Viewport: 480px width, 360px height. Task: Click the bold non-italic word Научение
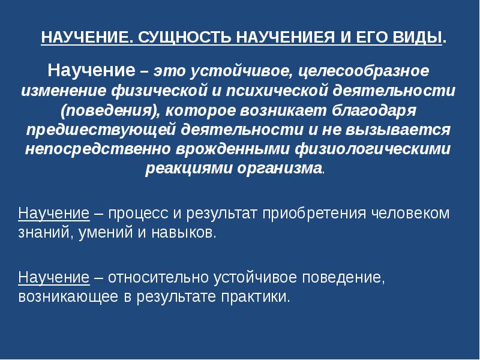(91, 70)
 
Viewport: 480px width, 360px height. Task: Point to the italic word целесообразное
(364, 71)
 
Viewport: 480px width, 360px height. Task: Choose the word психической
(277, 91)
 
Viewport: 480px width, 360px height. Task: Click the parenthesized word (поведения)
(110, 111)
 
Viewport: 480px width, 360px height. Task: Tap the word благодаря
(374, 111)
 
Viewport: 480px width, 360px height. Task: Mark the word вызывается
(398, 130)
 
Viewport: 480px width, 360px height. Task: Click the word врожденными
(233, 149)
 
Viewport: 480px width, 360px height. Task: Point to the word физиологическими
(373, 149)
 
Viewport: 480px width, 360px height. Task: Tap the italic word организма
(280, 169)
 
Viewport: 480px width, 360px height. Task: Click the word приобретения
(314, 214)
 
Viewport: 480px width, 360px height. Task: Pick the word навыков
(184, 233)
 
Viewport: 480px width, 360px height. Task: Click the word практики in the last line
(256, 297)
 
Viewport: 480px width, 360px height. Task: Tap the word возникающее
(68, 297)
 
